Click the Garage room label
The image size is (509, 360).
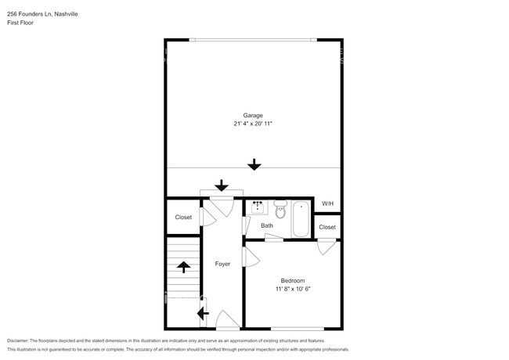coord(252,115)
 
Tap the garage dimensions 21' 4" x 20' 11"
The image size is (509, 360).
coord(252,124)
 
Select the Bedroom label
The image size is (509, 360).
coord(293,280)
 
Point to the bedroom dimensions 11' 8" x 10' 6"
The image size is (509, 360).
coord(293,289)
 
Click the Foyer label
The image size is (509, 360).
coord(223,264)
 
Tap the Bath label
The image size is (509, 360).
coord(267,226)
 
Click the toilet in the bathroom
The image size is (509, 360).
coord(280,209)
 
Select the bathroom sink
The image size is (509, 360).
coord(258,207)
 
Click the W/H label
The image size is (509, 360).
coord(327,204)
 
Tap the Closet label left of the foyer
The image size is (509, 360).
coord(183,218)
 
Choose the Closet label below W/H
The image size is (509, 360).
coord(327,227)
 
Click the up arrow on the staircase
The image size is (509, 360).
coord(184,267)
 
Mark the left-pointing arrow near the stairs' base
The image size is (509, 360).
coord(202,314)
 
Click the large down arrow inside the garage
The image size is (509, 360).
coord(253,164)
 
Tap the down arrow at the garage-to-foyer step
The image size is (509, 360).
coord(222,185)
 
